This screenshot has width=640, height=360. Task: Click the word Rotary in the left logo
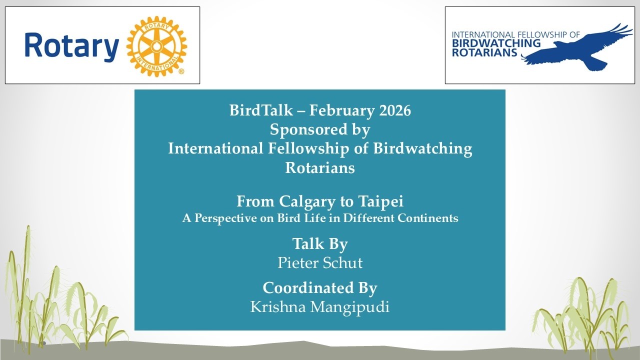point(71,46)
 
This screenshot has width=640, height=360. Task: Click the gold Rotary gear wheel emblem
point(156,46)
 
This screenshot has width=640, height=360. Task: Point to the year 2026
point(395,110)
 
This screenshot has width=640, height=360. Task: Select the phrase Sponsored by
point(320,129)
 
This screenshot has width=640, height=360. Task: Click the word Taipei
point(381,201)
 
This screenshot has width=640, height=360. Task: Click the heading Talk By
point(320,243)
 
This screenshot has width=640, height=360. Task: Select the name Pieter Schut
point(320,262)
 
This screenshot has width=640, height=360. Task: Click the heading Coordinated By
point(320,288)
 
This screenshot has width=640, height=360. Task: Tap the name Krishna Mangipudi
point(320,306)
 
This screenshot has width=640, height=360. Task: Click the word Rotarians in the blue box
point(320,167)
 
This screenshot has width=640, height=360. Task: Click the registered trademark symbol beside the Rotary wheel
point(181,72)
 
